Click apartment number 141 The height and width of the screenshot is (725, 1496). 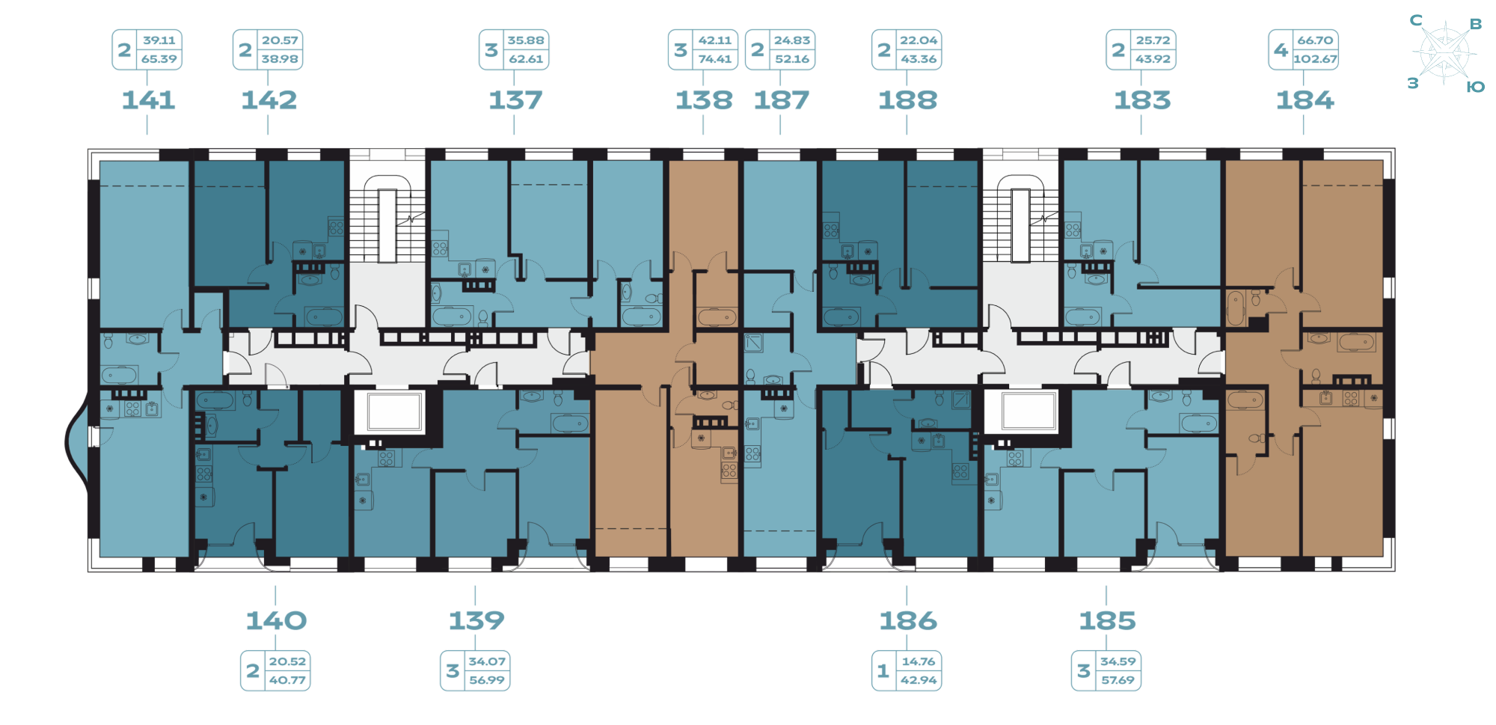click(148, 100)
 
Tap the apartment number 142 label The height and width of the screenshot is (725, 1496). click(269, 100)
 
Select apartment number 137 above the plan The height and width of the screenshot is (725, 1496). click(515, 100)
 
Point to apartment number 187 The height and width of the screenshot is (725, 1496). click(781, 100)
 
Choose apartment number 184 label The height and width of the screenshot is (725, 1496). click(1305, 100)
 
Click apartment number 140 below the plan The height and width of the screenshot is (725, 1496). click(276, 620)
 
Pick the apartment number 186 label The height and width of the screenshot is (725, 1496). click(907, 621)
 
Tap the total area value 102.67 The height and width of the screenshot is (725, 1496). click(1315, 59)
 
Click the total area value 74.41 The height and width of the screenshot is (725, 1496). click(715, 59)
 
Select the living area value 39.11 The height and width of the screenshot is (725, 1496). click(159, 40)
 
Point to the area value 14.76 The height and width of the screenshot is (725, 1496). click(919, 661)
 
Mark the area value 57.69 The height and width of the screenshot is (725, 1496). click(1118, 680)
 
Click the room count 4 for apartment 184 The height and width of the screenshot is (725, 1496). click(1281, 50)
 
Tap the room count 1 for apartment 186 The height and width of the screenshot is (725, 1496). click(883, 671)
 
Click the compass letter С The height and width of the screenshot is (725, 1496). click(1416, 20)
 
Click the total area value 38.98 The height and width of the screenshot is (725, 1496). click(280, 59)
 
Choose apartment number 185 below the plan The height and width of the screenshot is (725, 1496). click(1107, 621)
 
